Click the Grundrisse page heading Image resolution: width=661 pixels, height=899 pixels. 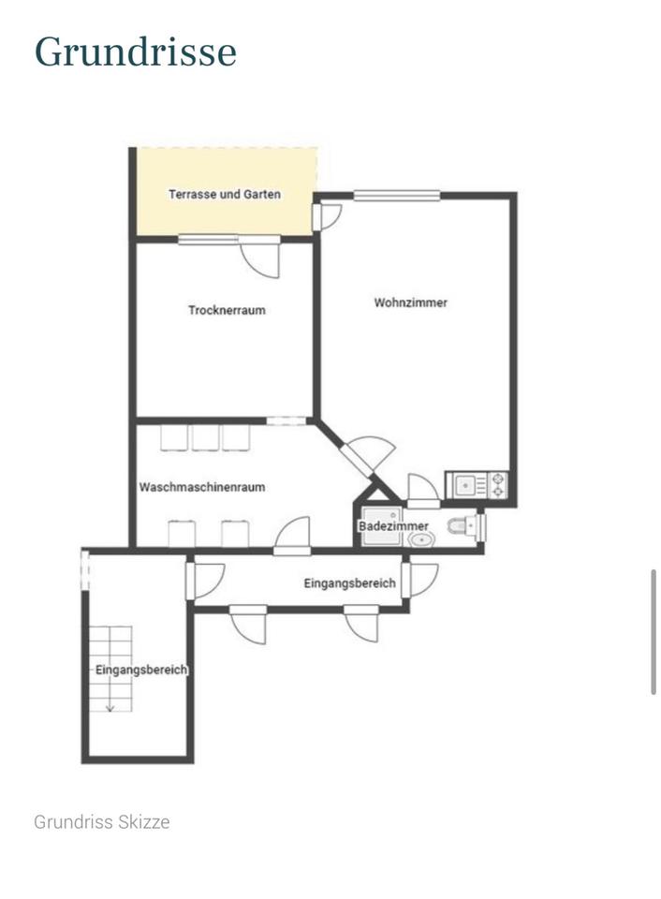136,52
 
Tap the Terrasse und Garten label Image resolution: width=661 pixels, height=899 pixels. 225,195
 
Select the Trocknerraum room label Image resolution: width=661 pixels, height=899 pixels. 227,310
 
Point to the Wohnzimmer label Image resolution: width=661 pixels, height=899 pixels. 410,302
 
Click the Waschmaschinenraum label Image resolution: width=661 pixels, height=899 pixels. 202,487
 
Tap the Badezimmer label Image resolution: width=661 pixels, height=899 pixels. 393,525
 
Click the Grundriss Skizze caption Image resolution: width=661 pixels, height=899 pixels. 102,821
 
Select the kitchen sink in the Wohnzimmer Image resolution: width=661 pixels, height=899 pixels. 467,485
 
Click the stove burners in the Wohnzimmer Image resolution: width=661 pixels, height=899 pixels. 498,484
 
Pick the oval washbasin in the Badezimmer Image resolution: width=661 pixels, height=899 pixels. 422,539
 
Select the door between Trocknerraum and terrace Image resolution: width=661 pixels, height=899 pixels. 259,257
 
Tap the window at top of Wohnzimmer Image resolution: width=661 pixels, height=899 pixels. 397,196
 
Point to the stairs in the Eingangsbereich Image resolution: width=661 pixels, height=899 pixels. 110,669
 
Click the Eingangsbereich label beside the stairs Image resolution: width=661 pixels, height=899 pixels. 141,670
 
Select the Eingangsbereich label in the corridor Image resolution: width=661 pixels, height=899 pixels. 350,583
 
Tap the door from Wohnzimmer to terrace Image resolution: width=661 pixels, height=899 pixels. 327,217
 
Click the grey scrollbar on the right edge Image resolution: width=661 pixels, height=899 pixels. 654,632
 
